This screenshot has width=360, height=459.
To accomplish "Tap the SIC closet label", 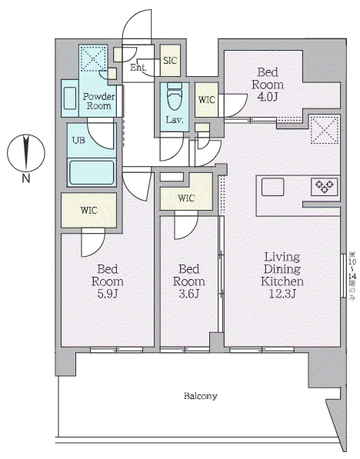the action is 170,61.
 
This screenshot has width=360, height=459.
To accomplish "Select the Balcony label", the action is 201,396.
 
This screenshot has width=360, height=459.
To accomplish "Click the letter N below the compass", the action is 26,178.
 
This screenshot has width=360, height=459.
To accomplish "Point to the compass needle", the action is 26,152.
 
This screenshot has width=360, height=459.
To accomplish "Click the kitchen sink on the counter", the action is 272,187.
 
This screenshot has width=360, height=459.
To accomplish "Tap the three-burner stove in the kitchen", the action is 325,187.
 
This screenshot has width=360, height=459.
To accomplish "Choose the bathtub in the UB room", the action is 91,173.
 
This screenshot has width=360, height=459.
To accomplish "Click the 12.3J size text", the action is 282,294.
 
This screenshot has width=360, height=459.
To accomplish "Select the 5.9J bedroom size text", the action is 108,294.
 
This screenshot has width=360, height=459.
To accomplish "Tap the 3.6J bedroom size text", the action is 189,294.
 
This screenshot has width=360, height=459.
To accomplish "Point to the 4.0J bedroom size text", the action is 268,97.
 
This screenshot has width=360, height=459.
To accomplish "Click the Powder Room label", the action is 98,101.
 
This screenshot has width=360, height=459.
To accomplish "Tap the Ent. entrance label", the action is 138,68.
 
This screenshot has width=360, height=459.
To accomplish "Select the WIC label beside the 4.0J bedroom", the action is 206,100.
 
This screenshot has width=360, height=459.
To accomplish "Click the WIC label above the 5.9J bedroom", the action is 88,210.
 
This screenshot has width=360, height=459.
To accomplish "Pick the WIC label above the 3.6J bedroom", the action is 186,198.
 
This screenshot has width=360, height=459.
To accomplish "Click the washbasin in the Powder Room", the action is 70,98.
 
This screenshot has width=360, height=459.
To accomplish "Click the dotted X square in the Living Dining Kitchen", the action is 325,130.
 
